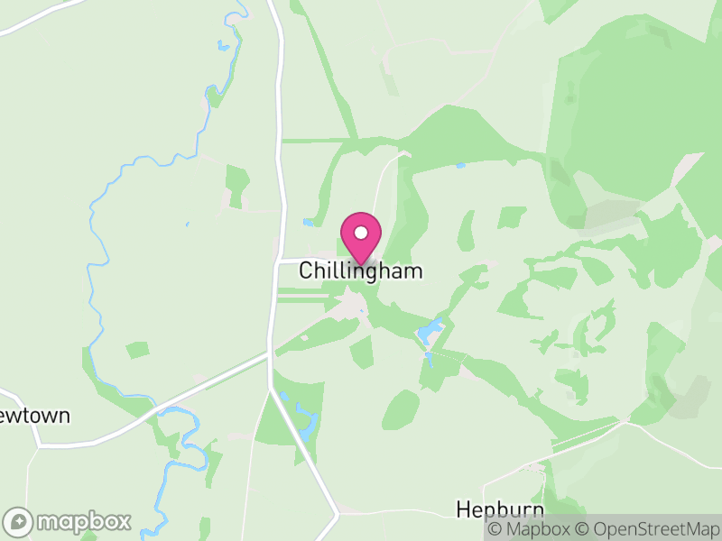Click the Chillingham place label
(360, 270)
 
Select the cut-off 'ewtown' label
(34, 416)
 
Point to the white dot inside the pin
(361, 233)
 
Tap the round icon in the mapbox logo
(19, 521)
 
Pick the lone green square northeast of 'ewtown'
(138, 349)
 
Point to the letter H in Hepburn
(463, 509)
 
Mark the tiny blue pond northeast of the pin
(460, 166)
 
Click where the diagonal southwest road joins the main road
(269, 355)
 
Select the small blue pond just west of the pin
(309, 223)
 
